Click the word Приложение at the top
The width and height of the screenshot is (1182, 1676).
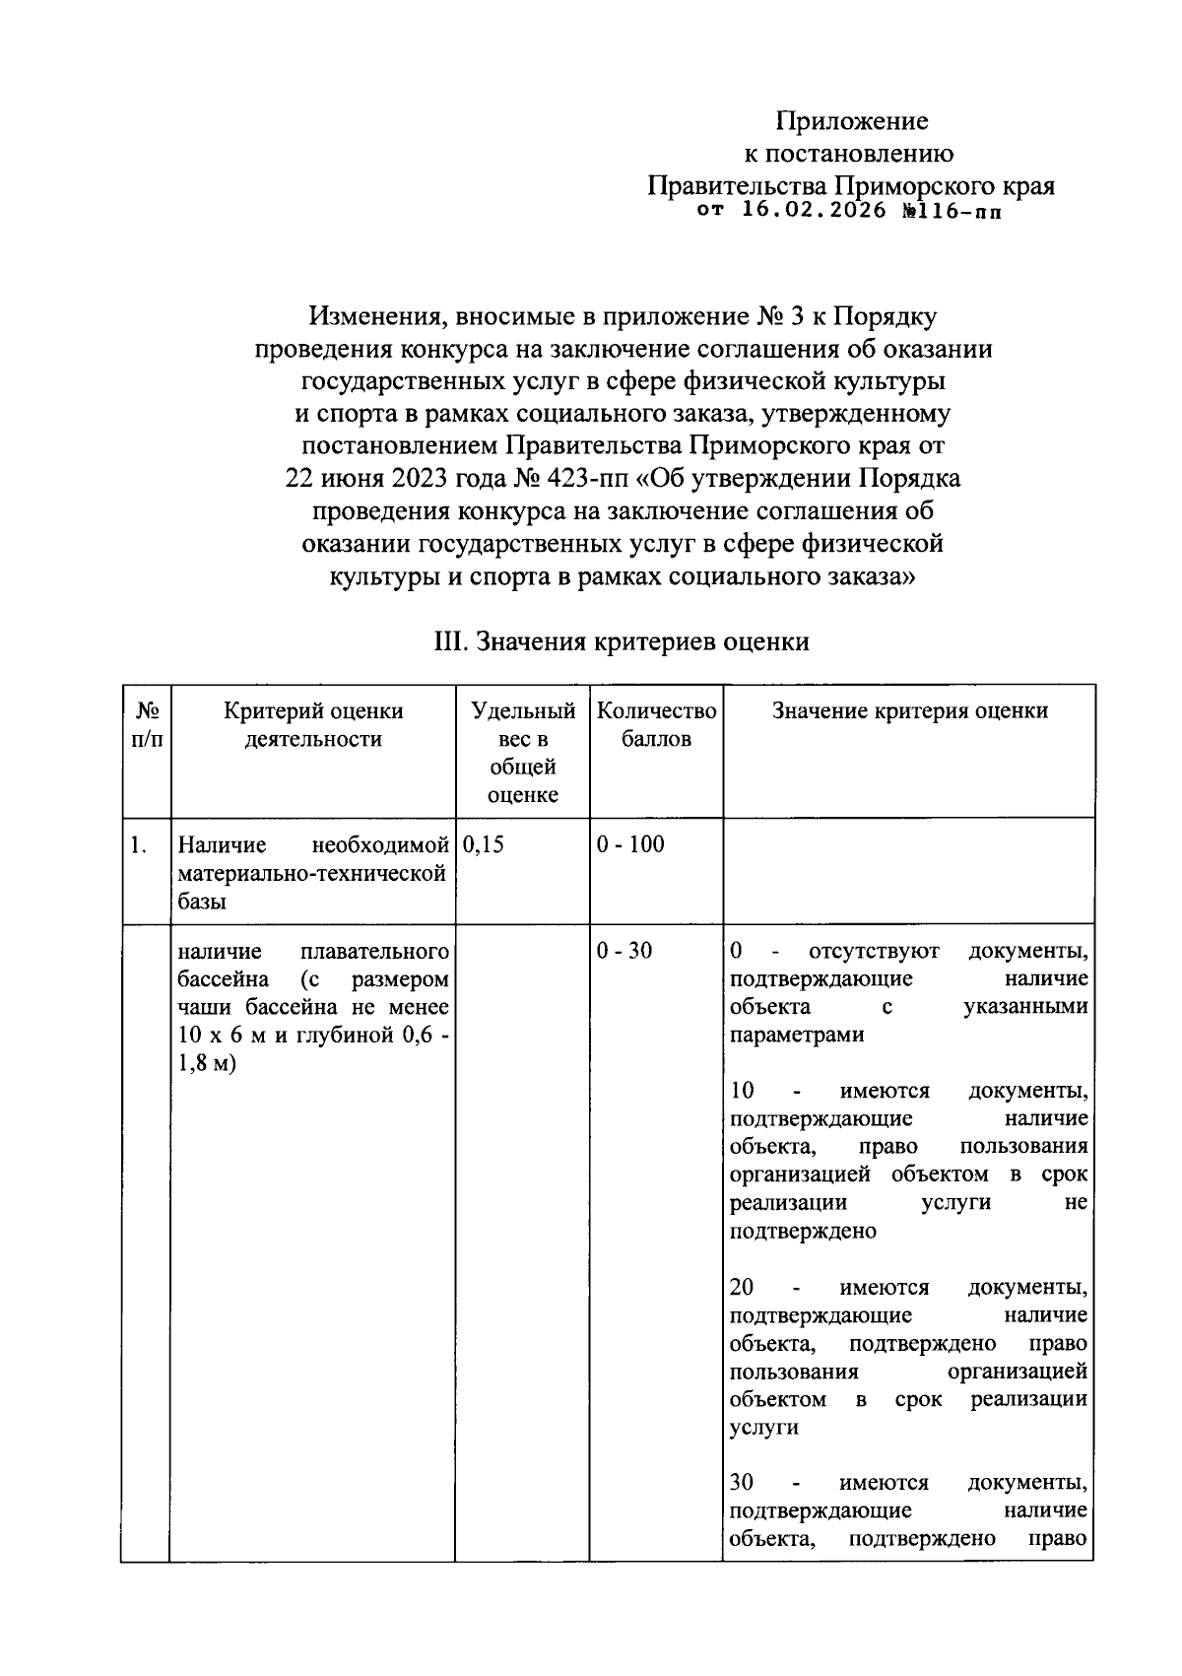tap(851, 121)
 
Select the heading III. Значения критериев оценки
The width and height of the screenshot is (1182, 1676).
tap(622, 642)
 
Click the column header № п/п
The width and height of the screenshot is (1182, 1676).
tap(147, 725)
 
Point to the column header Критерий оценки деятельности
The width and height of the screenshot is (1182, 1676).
tap(313, 725)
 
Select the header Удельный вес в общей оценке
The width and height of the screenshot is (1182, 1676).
tap(523, 753)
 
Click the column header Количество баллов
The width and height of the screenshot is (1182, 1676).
tap(656, 725)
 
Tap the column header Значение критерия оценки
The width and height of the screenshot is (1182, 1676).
tap(909, 711)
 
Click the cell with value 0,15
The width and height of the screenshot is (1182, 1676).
tap(483, 844)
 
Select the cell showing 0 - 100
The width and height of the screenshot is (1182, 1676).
tap(630, 844)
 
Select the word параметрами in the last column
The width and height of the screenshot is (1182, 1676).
tap(783, 1036)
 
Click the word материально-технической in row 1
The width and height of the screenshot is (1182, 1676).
tap(313, 873)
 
